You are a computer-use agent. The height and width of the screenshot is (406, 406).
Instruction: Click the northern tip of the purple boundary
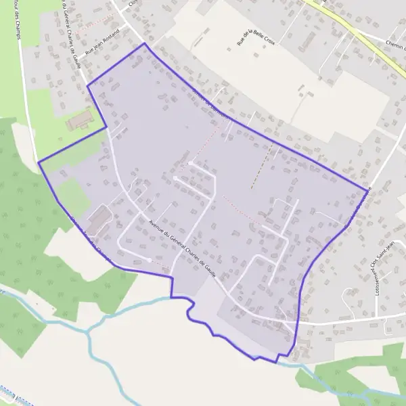point(144,44)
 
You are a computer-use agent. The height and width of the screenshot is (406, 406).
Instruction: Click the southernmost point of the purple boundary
point(277,362)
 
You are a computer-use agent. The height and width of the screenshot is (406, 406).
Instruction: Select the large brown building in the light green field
point(80,121)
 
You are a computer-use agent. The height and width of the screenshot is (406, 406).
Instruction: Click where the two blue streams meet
point(89,331)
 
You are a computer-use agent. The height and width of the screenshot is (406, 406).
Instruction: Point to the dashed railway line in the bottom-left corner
point(14,396)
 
